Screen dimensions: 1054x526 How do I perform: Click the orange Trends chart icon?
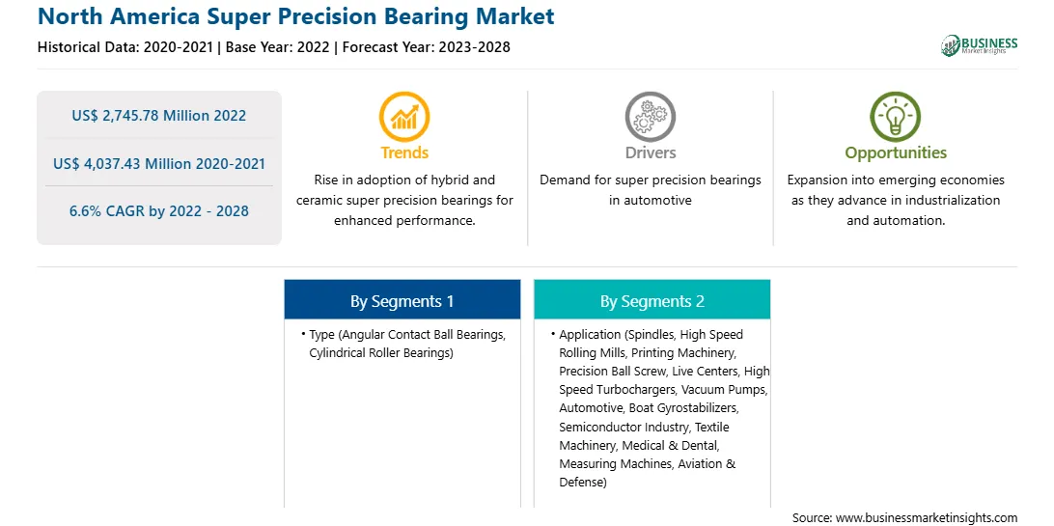coord(404,116)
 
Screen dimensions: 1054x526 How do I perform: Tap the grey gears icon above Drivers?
coord(650,116)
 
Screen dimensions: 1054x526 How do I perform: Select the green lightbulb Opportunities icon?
coord(896,116)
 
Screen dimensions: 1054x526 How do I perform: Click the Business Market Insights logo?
coord(980,45)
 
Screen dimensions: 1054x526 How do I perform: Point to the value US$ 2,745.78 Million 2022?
coord(159,116)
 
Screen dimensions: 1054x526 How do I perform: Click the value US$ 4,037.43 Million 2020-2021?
coord(159,163)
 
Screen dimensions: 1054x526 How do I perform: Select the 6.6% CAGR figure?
coord(159,211)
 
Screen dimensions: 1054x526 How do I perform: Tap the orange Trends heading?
coord(404,152)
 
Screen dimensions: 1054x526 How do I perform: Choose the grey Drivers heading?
coord(650,152)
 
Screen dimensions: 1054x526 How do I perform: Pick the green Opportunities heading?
coord(896,153)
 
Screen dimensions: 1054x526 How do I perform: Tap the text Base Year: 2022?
coord(278,47)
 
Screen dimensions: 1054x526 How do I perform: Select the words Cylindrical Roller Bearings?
coord(379,352)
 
